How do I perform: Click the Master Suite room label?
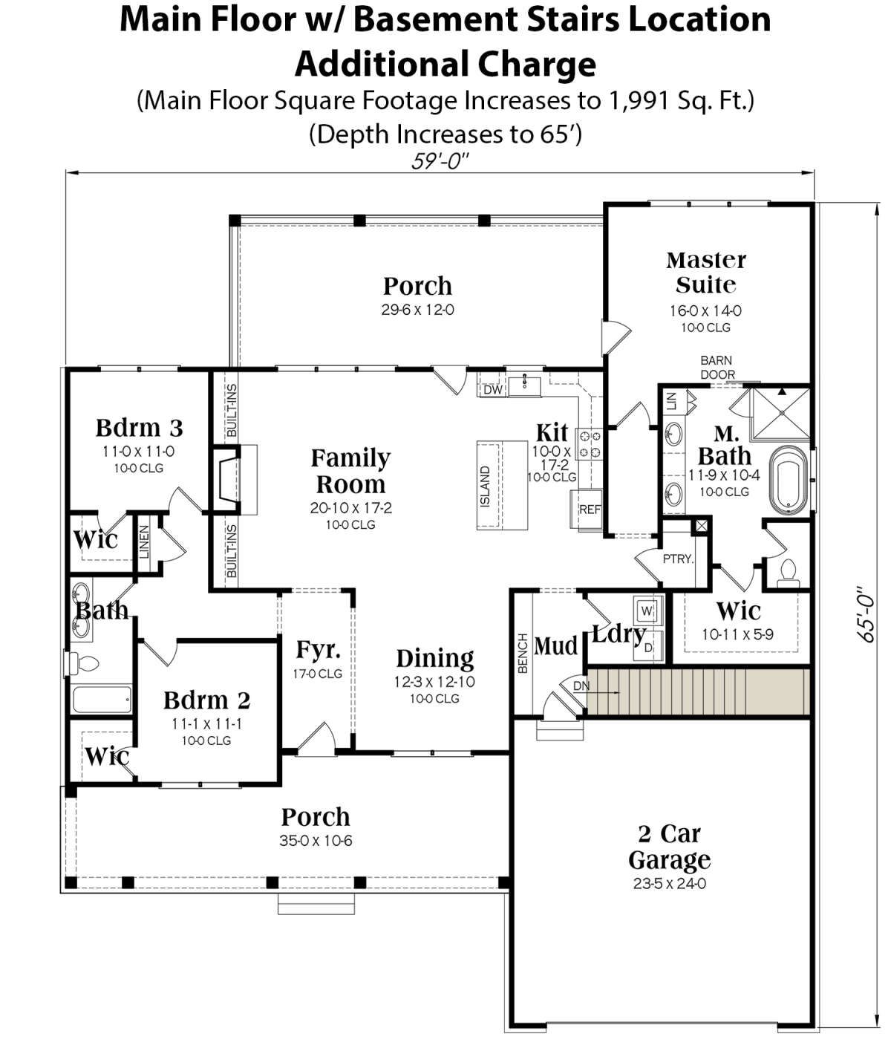(706, 273)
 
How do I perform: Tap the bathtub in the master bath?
(789, 479)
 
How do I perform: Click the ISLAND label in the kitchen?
(485, 486)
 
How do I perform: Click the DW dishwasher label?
(492, 389)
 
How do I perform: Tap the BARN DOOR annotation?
(717, 367)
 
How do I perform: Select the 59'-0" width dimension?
(440, 161)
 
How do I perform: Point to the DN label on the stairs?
(581, 686)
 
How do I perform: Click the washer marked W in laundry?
(647, 611)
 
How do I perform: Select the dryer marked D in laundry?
(647, 648)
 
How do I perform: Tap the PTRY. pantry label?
(678, 559)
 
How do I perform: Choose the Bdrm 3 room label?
(139, 427)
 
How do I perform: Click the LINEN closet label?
(144, 541)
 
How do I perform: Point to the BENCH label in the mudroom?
(523, 653)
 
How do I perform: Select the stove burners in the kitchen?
(589, 443)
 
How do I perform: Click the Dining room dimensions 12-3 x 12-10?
(434, 681)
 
